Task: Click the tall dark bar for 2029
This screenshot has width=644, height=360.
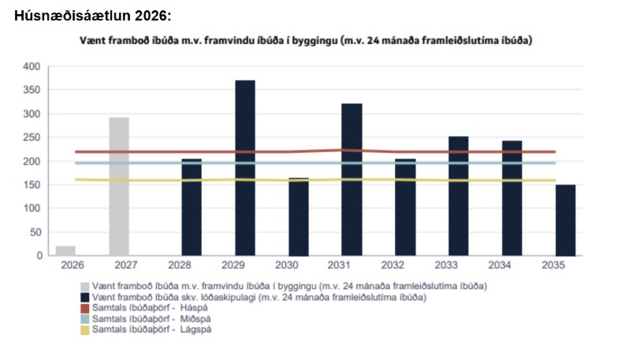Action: pyautogui.click(x=245, y=168)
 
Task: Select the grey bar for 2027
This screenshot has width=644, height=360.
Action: pyautogui.click(x=119, y=186)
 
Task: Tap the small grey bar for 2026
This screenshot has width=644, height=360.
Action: pyautogui.click(x=65, y=251)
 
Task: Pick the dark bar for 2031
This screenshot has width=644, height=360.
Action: pyautogui.click(x=352, y=180)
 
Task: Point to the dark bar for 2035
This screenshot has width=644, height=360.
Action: pyautogui.click(x=565, y=220)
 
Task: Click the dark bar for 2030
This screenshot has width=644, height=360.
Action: pyautogui.click(x=299, y=217)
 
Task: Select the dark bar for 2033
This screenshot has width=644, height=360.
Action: pyautogui.click(x=459, y=195)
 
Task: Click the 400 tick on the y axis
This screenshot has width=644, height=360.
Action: pyautogui.click(x=32, y=67)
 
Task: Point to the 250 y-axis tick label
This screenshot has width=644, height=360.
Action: pyautogui.click(x=32, y=138)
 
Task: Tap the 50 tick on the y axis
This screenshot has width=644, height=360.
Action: pyautogui.click(x=34, y=232)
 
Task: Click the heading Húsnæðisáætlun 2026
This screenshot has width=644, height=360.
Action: pyautogui.click(x=92, y=16)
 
